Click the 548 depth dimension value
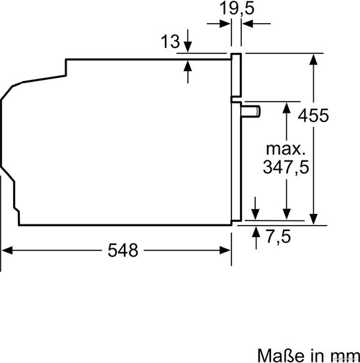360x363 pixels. click(x=123, y=250)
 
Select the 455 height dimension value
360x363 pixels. click(x=313, y=115)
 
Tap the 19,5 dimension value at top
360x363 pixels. click(x=237, y=9)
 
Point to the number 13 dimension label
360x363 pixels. click(x=170, y=42)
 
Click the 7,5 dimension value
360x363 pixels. click(x=278, y=236)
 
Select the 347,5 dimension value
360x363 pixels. click(x=285, y=167)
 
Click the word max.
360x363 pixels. click(x=285, y=149)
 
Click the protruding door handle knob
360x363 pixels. click(x=251, y=111)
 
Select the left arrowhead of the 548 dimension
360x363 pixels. click(x=7, y=250)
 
